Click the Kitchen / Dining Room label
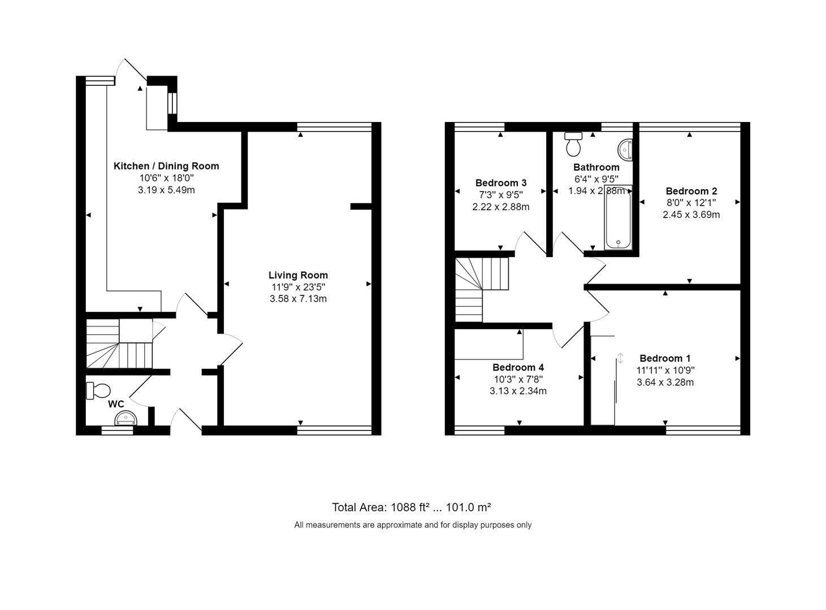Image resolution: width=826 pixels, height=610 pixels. [x=166, y=166]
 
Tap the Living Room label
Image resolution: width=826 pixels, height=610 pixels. [x=298, y=275]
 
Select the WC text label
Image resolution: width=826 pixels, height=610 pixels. [x=116, y=404]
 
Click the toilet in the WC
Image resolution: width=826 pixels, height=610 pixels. [x=98, y=390]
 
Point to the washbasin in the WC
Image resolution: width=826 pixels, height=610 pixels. [x=126, y=419]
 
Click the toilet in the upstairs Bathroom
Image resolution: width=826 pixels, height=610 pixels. [x=573, y=144]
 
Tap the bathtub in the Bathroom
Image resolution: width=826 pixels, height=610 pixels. [x=618, y=217]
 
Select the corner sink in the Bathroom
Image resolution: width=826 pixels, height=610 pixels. [x=625, y=149]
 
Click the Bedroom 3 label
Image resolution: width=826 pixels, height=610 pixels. [x=501, y=183]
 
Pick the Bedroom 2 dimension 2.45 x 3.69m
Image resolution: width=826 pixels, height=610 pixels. [x=691, y=215]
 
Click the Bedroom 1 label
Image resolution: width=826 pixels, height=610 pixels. [x=665, y=358]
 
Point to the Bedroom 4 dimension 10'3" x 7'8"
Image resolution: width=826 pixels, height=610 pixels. [x=518, y=379]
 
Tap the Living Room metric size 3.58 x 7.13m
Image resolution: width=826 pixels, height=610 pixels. [x=298, y=299]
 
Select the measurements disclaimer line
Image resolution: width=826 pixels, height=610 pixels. [x=413, y=525]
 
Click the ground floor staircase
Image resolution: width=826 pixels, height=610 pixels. [x=119, y=345]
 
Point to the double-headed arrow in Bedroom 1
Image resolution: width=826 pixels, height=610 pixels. [x=620, y=358]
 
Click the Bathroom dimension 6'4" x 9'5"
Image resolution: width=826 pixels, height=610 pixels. [x=596, y=179]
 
